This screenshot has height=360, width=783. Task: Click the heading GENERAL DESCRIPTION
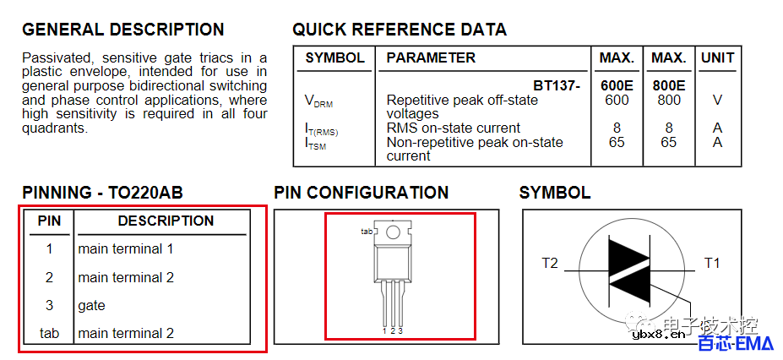122,30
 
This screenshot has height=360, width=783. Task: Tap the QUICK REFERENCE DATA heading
400,30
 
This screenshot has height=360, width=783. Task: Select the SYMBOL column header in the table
335,58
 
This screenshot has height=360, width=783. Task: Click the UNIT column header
718,58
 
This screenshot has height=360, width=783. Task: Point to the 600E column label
617,85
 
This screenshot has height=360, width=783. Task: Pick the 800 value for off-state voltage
669,101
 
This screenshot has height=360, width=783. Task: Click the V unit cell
718,101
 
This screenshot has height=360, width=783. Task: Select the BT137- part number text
557,85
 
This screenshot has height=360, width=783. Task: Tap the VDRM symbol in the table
318,101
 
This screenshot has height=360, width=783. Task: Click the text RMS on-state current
454,128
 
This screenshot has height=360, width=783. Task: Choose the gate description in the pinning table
91,306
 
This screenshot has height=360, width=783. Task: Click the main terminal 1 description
125,248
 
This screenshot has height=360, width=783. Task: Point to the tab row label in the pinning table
49,333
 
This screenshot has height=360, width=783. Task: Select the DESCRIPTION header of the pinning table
166,221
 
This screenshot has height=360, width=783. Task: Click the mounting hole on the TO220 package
394,232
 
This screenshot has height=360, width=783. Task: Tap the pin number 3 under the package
400,330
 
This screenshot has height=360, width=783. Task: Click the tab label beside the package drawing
367,232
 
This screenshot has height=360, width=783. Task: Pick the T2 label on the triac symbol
550,263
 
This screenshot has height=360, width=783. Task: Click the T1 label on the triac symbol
712,263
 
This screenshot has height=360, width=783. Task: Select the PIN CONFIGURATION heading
361,193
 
